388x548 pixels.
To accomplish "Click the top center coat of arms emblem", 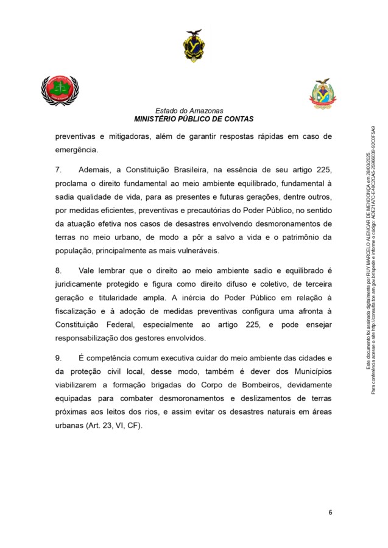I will tap(194, 46).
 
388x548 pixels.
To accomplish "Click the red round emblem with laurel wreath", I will tap(60, 91).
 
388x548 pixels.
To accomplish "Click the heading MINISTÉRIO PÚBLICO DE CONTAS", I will tap(194, 119).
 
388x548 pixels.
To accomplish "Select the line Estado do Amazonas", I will tap(194, 111).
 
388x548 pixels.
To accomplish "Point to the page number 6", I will tap(330, 512).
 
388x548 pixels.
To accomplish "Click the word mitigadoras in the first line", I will tap(135, 136).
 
